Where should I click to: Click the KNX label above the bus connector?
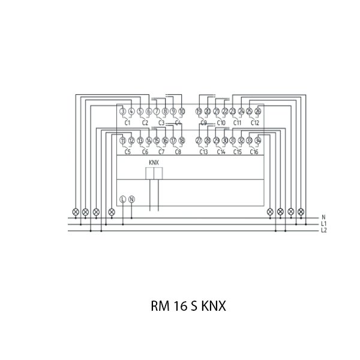click(x=154, y=163)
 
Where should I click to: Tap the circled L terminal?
click(x=123, y=199)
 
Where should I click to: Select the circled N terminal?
click(x=132, y=199)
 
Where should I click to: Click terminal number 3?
click(x=122, y=111)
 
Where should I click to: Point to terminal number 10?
click(x=182, y=111)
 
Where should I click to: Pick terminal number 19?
click(x=199, y=111)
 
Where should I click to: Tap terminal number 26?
click(x=258, y=111)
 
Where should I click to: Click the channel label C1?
click(x=127, y=122)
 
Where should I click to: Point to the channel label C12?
click(x=254, y=122)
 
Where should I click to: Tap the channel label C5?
click(x=127, y=152)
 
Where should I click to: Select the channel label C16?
click(x=254, y=152)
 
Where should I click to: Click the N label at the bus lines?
click(x=323, y=217)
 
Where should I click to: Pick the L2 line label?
click(x=324, y=230)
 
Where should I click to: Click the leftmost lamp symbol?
click(x=76, y=212)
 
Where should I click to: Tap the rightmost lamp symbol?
click(x=301, y=212)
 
